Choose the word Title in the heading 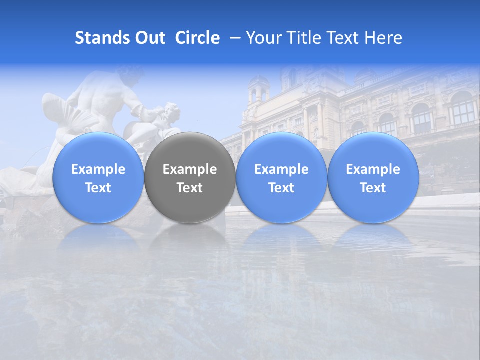tap(301, 38)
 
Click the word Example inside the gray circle tap(190, 169)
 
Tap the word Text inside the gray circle tap(190, 188)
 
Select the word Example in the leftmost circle tap(98, 169)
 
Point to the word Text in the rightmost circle tap(373, 188)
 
